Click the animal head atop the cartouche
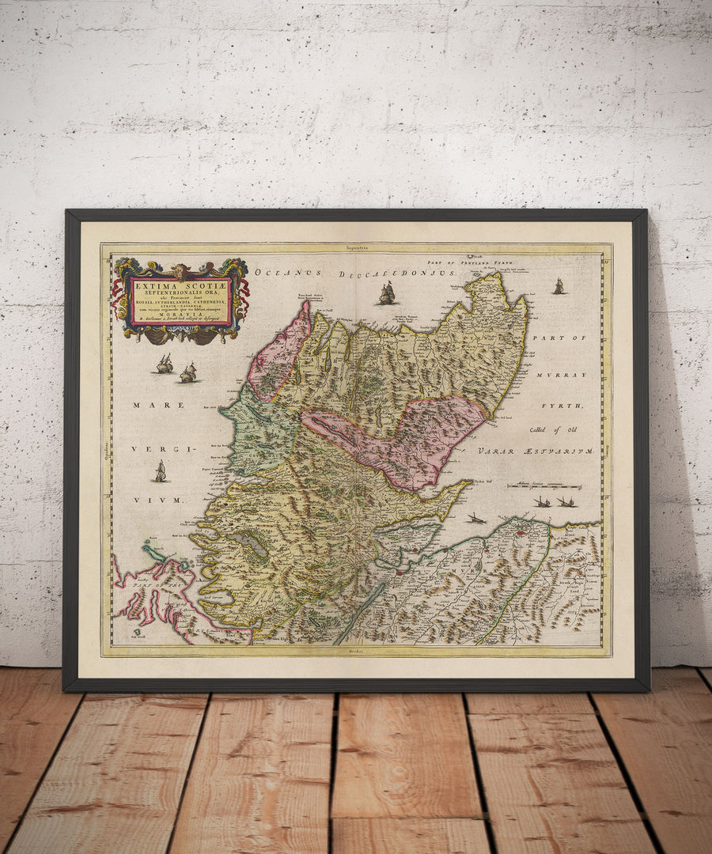coord(180,271)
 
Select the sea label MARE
coord(147,405)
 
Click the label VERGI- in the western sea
coord(148,449)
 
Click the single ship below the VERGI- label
coord(161,472)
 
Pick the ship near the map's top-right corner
coord(559,286)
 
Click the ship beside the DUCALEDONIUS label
coord(387,294)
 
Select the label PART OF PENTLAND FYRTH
coord(470,260)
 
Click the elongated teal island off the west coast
coord(153,550)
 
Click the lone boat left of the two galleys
coord(475,518)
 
